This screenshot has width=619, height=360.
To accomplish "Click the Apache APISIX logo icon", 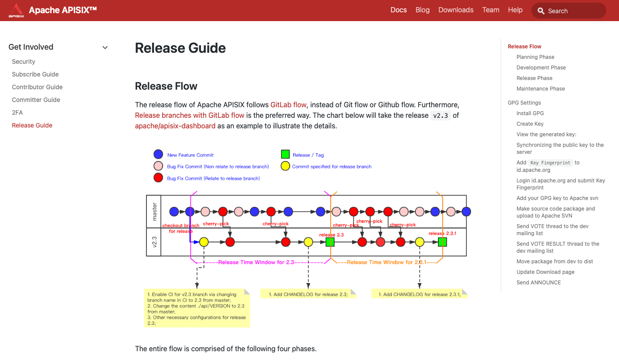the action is [x=16, y=10].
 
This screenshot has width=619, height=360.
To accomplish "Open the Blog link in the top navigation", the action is [x=422, y=10].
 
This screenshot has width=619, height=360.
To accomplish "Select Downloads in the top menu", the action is [x=456, y=10].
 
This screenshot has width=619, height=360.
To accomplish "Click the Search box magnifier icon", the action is [x=541, y=11].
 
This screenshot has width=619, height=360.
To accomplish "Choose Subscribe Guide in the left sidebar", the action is [x=35, y=74].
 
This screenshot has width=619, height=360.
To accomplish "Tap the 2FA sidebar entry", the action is [x=17, y=113].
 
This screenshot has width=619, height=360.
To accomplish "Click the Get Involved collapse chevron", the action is [x=105, y=47].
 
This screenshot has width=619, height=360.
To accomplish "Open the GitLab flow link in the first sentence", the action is [x=288, y=105].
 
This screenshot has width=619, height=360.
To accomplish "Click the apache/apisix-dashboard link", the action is [x=175, y=126].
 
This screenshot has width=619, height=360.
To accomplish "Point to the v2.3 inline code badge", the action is [x=441, y=116].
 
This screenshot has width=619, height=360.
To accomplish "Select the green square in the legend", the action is [x=285, y=154].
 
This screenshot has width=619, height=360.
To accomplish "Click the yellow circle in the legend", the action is [x=285, y=166].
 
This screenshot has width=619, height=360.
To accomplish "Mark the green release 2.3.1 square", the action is [x=442, y=242].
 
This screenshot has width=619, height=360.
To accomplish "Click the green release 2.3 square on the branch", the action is [x=330, y=242].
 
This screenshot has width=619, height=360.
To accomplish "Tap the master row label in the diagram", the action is [x=154, y=211].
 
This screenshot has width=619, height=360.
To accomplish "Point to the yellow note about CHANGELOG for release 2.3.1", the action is [x=419, y=294].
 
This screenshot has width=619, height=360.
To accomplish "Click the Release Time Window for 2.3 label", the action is [x=256, y=262].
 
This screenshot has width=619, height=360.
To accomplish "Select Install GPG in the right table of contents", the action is [x=530, y=113].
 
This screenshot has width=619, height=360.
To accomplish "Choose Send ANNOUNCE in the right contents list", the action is [x=539, y=283].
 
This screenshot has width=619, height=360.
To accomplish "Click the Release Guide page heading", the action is [x=180, y=48].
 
